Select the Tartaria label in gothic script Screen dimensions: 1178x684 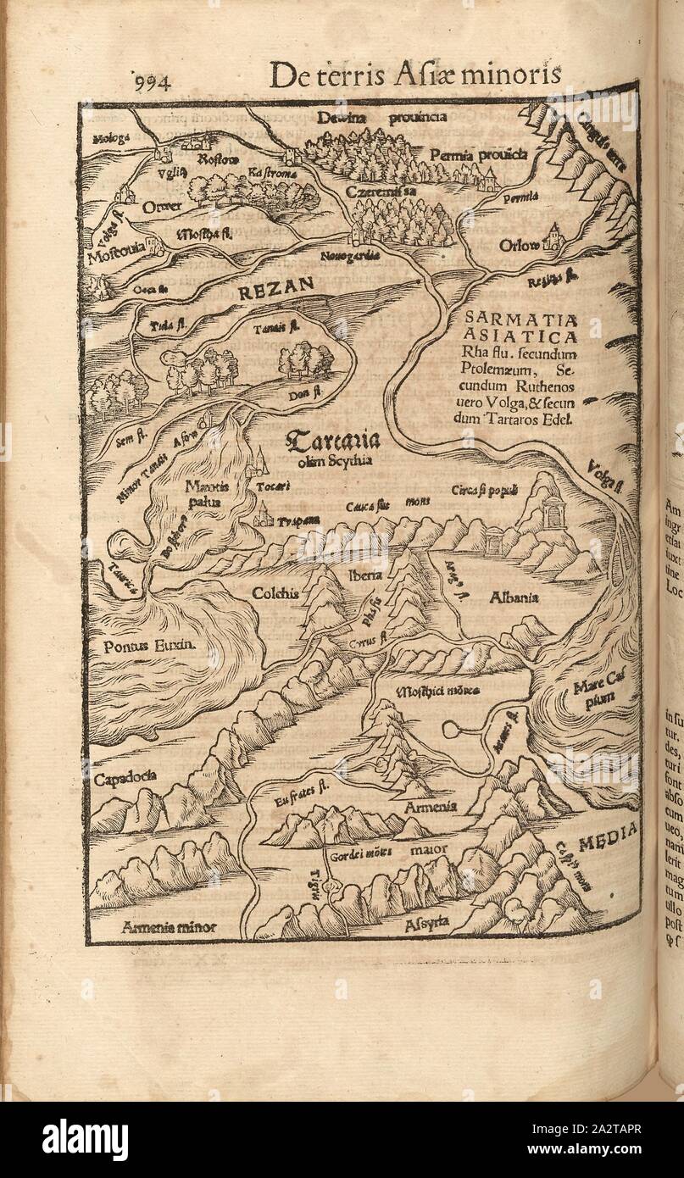(x=331, y=441)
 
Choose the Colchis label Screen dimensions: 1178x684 (x=275, y=593)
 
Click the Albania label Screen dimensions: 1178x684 (x=514, y=597)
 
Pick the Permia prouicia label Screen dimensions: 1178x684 (x=479, y=154)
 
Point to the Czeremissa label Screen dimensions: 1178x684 (x=381, y=193)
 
